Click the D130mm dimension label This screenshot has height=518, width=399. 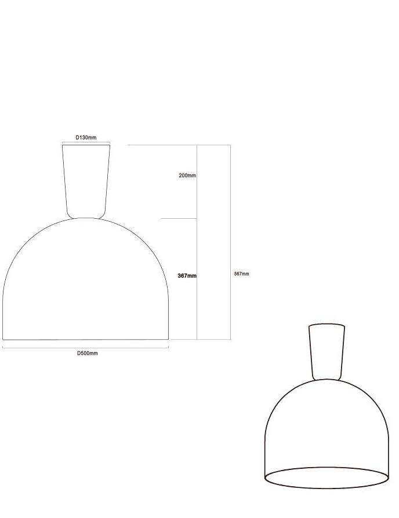click(x=86, y=138)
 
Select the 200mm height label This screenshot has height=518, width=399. click(x=187, y=175)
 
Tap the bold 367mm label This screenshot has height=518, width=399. click(x=187, y=276)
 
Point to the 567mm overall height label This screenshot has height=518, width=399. click(x=241, y=274)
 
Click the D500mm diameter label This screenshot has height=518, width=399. click(x=88, y=353)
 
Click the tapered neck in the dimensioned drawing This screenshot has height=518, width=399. click(x=86, y=179)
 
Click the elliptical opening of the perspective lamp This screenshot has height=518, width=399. click(x=327, y=477)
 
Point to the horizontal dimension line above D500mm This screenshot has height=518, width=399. click(x=86, y=347)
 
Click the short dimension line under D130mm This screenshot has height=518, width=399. click(x=86, y=142)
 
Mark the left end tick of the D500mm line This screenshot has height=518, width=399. click(x=3, y=347)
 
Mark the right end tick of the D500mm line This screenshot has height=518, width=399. click(x=169, y=347)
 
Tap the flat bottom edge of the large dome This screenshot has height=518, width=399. click(x=86, y=339)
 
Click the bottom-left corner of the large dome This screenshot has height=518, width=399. click(x=3, y=339)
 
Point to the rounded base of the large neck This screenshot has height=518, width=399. click(x=86, y=216)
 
